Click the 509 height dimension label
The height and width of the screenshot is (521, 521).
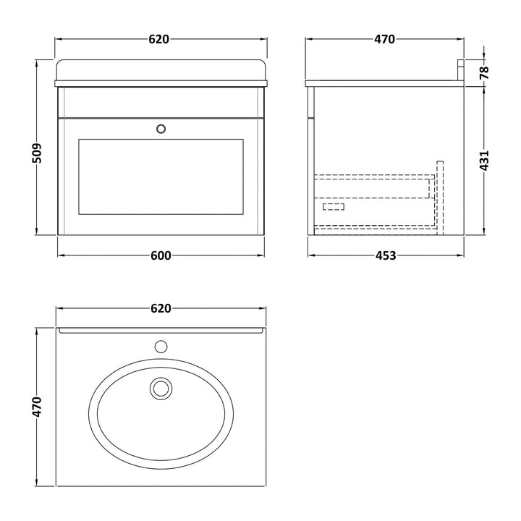37,153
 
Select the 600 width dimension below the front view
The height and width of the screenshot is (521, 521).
161,255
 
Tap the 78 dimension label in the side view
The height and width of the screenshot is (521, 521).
484,72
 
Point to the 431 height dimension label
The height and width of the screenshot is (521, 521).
484,161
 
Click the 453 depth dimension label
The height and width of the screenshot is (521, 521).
386,255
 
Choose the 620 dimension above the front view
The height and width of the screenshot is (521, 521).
158,39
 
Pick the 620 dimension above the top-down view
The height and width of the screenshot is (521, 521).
161,308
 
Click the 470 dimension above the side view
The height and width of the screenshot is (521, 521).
385,39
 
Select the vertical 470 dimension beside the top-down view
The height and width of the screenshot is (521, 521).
37,407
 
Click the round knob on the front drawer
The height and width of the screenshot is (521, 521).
161,129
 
